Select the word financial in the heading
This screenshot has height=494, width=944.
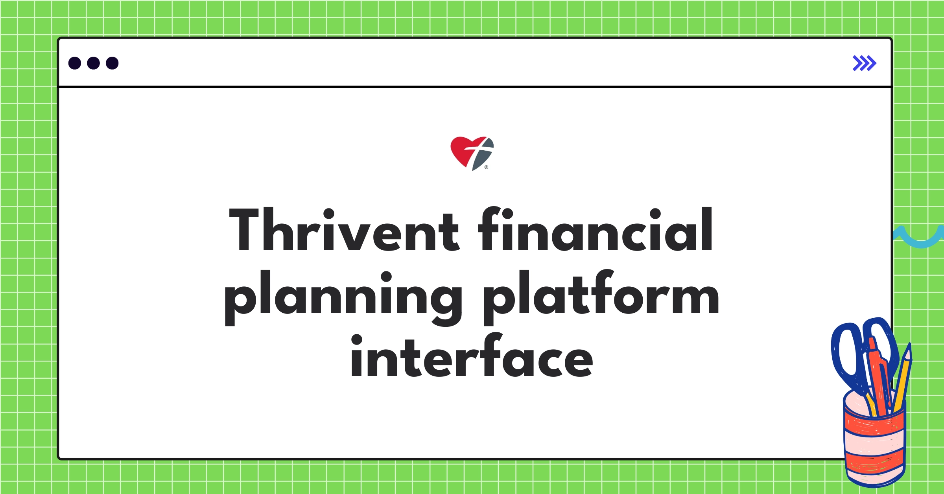coord(596,230)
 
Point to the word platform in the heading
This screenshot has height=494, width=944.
coord(601,295)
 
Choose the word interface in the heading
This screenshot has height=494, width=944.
coord(472,356)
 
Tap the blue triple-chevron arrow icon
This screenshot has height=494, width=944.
coord(864,63)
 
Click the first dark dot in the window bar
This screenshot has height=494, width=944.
coord(75,63)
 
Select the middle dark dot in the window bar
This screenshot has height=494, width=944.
coord(93,63)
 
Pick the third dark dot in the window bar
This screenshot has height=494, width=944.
coord(112,63)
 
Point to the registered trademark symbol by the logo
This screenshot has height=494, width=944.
coord(487,167)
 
